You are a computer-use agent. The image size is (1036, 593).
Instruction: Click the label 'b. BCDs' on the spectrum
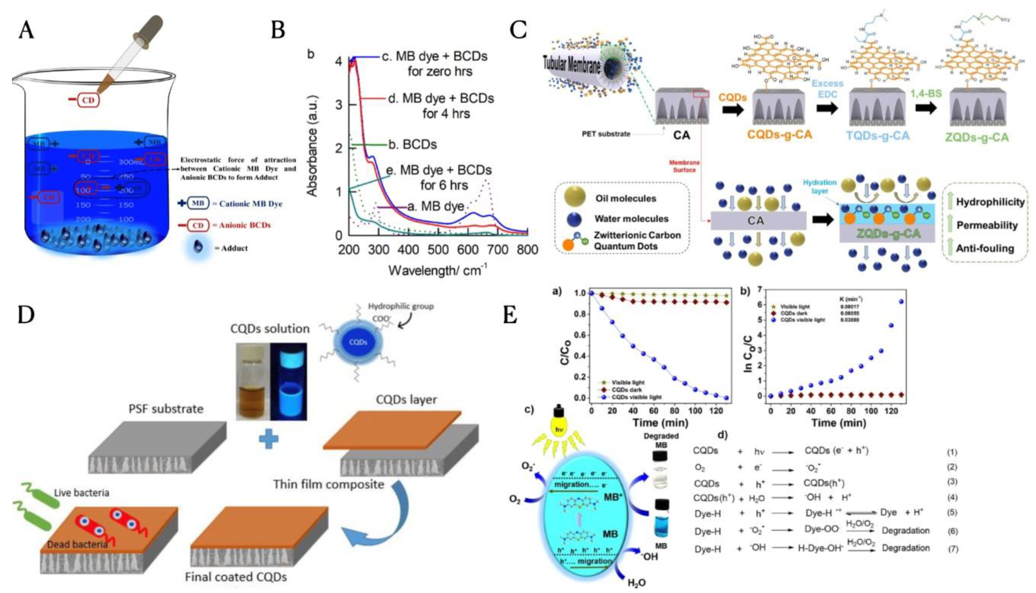pyautogui.click(x=412, y=145)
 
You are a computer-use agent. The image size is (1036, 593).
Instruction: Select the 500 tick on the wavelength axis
pyautogui.click(x=438, y=249)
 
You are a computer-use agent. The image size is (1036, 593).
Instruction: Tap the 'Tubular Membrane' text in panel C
pyautogui.click(x=572, y=65)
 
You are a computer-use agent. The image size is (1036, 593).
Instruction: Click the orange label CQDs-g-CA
pyautogui.click(x=779, y=135)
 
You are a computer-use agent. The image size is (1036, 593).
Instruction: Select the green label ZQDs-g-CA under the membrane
pyautogui.click(x=977, y=137)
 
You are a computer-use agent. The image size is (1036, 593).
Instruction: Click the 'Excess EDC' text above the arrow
pyautogui.click(x=828, y=89)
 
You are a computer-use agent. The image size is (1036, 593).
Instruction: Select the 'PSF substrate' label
pyautogui.click(x=166, y=409)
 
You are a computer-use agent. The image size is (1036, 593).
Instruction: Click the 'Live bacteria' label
pyautogui.click(x=81, y=493)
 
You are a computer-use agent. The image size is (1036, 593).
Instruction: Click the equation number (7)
pyautogui.click(x=953, y=549)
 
